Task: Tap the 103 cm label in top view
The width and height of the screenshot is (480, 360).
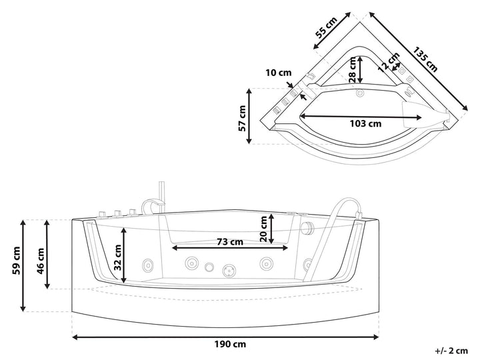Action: (366, 123)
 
